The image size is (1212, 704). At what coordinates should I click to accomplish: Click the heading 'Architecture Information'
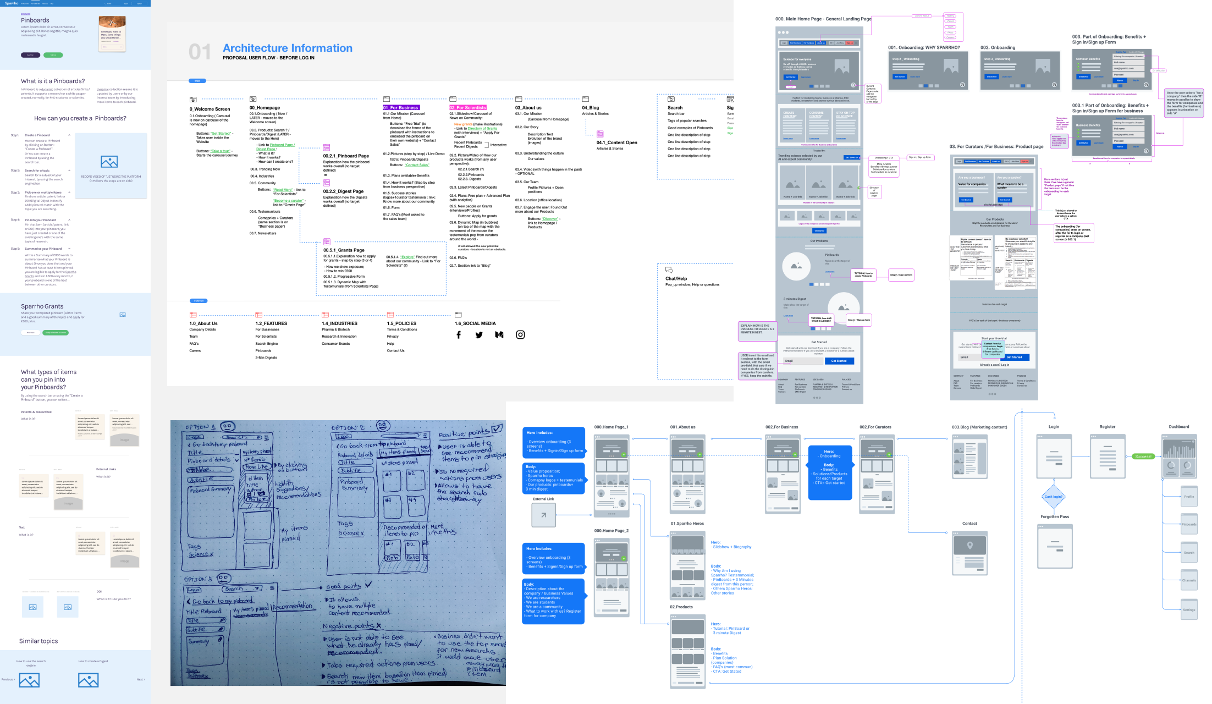click(x=288, y=48)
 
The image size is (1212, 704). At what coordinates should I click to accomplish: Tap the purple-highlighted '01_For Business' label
click(x=401, y=108)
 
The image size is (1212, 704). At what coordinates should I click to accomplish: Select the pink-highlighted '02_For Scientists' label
click(x=468, y=108)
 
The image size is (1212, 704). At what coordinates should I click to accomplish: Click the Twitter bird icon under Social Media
click(x=479, y=335)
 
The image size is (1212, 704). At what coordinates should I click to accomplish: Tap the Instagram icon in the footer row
click(x=520, y=334)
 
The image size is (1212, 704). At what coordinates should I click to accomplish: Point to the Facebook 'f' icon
click(x=459, y=335)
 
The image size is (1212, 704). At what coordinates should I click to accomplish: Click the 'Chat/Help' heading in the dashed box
click(x=676, y=279)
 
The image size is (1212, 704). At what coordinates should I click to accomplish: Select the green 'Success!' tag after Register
click(x=1143, y=457)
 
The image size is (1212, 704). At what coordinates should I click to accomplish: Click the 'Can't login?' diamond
click(x=1054, y=497)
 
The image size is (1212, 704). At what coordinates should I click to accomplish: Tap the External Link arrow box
click(x=543, y=515)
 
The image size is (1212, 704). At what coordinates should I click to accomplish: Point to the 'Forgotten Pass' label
click(x=1055, y=517)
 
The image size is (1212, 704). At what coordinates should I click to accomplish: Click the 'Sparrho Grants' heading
click(x=42, y=306)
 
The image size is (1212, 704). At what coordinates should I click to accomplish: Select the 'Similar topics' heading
click(x=38, y=641)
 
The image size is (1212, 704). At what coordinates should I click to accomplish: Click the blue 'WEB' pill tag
click(x=197, y=81)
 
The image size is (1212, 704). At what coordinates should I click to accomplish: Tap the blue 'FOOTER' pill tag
click(x=199, y=301)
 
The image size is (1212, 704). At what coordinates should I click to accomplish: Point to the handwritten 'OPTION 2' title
click(x=348, y=427)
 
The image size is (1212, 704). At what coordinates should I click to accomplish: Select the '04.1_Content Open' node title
click(x=617, y=143)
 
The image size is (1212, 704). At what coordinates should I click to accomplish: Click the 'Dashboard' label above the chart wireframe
click(x=1179, y=427)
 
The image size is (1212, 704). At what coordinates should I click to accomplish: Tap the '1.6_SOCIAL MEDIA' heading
click(x=475, y=323)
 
